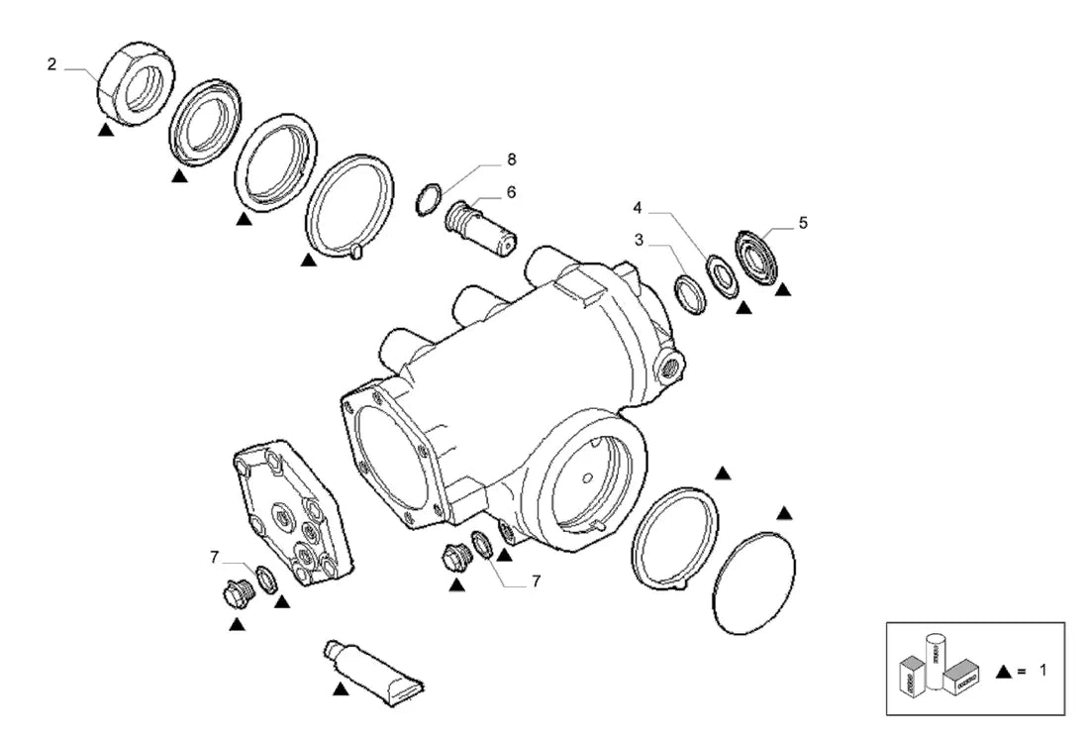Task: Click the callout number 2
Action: (51, 64)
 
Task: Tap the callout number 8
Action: (512, 159)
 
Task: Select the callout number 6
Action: (511, 192)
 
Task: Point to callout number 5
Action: (803, 223)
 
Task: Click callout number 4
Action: (638, 208)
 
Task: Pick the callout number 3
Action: (639, 240)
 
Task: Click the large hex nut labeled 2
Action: (136, 83)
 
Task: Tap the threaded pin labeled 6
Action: (480, 227)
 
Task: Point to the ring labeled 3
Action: (691, 294)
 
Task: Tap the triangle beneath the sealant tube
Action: (341, 690)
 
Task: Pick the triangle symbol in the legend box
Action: (1004, 671)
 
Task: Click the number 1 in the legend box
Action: (1042, 671)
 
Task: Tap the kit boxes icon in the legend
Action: (939, 664)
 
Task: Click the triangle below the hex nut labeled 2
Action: (106, 130)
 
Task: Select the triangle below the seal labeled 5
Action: (783, 289)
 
